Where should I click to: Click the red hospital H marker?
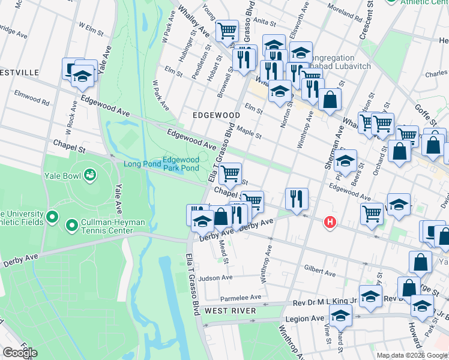pos(329,223)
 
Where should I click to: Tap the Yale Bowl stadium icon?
pos(90,175)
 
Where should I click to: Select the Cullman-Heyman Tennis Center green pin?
pos(71,226)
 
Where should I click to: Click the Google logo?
pos(19,353)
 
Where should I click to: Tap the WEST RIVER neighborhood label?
pos(230,311)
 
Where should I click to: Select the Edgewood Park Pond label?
pos(181,163)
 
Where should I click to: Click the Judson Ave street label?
pos(215,278)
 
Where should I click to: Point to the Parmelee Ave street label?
pos(241,297)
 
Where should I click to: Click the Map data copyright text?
pos(412,355)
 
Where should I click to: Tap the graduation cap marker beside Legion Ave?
pos(340,314)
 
